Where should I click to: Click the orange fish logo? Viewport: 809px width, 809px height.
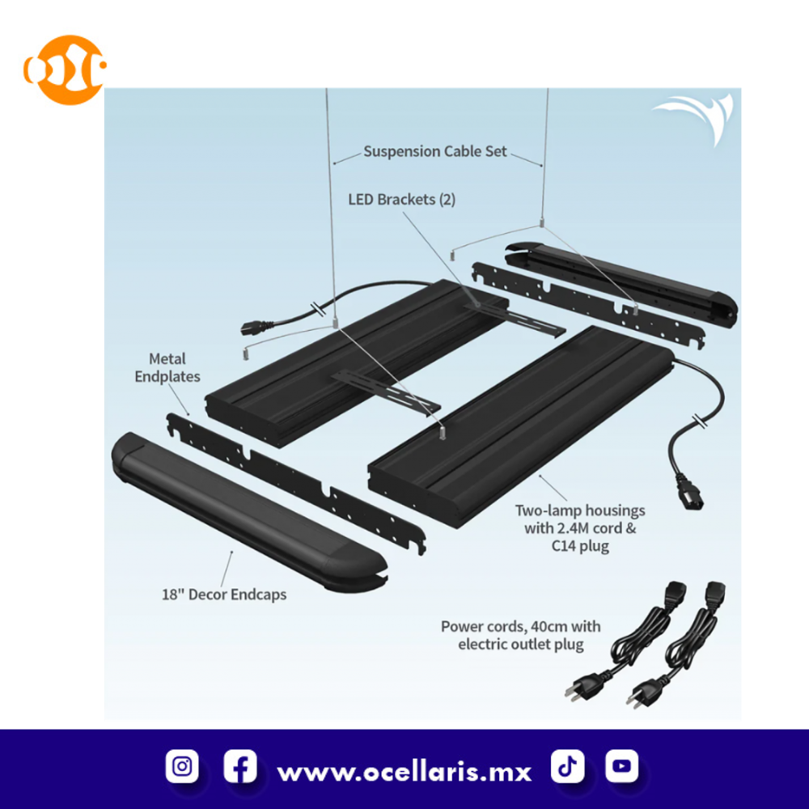tap(65, 70)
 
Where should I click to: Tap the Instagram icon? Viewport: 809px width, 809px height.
tap(181, 766)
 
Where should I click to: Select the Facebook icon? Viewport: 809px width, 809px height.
tap(240, 766)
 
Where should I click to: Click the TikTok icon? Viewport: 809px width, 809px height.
tap(567, 766)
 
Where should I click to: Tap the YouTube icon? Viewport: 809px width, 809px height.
tap(621, 766)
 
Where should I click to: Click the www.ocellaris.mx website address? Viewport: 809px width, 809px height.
tap(404, 773)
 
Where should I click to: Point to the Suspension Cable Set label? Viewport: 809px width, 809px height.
tap(435, 152)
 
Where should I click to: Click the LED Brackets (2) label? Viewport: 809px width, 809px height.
tap(401, 200)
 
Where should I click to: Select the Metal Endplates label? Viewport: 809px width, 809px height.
tap(167, 367)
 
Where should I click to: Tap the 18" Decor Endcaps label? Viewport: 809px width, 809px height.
tap(224, 595)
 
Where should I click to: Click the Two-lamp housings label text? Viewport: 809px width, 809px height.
tap(580, 527)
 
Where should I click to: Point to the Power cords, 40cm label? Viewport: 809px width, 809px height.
tap(520, 635)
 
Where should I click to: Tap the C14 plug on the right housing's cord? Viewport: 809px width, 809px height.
tap(690, 495)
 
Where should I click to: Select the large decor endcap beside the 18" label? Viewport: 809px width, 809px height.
tap(249, 512)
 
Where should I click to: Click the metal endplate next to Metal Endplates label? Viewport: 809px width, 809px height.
tap(296, 484)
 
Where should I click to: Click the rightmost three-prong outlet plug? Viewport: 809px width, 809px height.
tap(645, 691)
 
